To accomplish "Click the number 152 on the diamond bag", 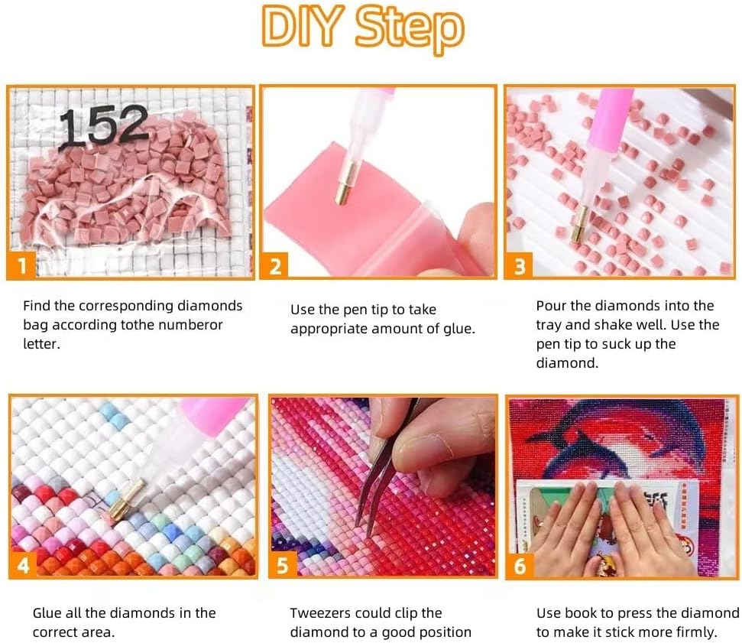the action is (x=104, y=125).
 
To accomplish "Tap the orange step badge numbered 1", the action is (x=21, y=266).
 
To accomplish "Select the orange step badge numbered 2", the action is (x=275, y=266).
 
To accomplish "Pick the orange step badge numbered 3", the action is (x=520, y=266).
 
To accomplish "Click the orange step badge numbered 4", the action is (x=23, y=565).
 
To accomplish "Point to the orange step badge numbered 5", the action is (x=283, y=565).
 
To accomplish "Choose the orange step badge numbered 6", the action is (x=520, y=565).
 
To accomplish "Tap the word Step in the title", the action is (x=410, y=28).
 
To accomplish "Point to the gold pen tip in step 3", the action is (x=579, y=223).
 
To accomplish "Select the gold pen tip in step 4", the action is (x=126, y=498).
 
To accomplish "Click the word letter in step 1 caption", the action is (x=41, y=344).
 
